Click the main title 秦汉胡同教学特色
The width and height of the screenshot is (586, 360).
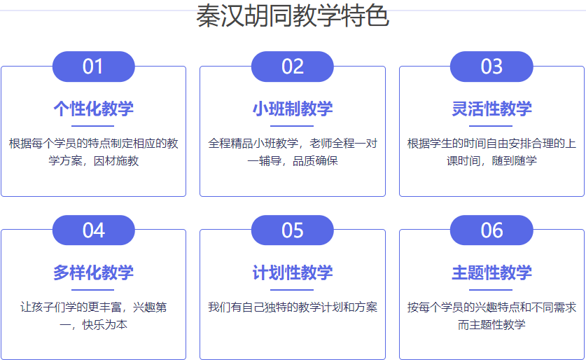point(293,15)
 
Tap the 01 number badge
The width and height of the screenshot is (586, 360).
point(93,67)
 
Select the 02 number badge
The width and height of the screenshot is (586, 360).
point(292,67)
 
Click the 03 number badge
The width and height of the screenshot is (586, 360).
point(491,67)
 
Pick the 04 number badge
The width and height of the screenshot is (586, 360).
point(93,230)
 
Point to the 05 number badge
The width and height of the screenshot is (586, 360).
point(292,230)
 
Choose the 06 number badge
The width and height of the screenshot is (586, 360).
point(491,230)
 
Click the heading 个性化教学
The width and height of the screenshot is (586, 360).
point(93,109)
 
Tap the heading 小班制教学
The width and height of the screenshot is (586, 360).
point(293,109)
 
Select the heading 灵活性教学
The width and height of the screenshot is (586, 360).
point(491,109)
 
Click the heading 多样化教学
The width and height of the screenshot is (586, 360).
point(93,272)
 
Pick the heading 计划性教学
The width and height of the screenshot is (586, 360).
point(293,272)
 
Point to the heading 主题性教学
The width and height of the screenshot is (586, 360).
point(491,272)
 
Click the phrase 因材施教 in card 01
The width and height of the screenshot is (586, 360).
point(116,161)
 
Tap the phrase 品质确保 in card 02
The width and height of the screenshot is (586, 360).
point(315,161)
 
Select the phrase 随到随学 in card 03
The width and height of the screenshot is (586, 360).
point(515,161)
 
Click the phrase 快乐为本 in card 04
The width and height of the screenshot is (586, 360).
point(105,324)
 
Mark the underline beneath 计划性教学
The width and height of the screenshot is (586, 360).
point(292,290)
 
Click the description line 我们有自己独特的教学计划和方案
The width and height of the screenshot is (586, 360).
point(293,307)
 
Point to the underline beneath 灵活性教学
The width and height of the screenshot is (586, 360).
point(491,126)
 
